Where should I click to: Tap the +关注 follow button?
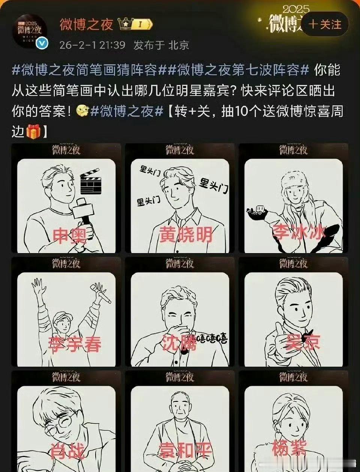point(325,24)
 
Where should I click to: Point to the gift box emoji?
point(33,131)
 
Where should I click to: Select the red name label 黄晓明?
point(186,235)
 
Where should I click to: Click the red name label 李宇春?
point(74,344)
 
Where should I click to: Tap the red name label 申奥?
point(70,236)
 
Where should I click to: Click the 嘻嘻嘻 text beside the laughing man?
point(212,340)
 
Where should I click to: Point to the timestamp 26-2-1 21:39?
point(92,45)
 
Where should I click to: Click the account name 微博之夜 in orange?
point(87,24)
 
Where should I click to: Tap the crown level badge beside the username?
point(135,24)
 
